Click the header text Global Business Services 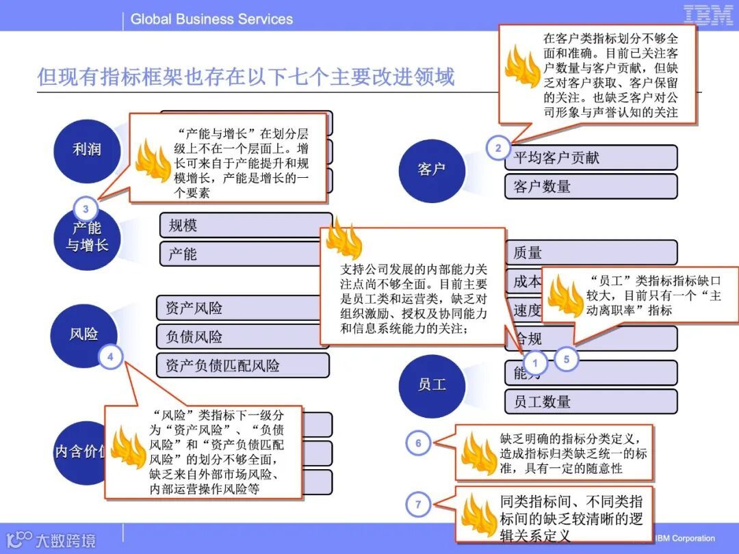(x=211, y=19)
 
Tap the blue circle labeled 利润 (x=86, y=148)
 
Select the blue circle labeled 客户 (x=431, y=169)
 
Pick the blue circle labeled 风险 (x=83, y=334)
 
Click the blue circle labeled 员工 (x=431, y=385)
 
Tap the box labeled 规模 (x=244, y=225)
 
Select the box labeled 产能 (x=244, y=254)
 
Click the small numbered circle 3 (x=86, y=209)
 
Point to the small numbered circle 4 (x=110, y=356)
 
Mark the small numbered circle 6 (x=418, y=443)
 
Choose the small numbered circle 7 (x=418, y=505)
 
